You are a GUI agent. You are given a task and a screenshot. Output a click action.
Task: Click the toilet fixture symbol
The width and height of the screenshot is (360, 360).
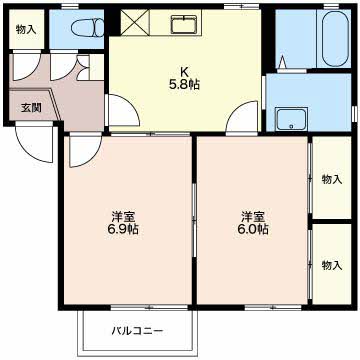88,28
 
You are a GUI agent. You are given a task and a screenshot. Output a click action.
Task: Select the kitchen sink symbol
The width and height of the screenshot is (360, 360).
184,23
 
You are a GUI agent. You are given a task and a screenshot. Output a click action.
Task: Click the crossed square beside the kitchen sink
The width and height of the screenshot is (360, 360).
135,22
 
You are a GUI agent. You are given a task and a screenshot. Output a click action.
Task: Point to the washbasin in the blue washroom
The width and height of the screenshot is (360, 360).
291,119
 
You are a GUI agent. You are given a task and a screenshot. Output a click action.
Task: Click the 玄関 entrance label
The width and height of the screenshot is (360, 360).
31,108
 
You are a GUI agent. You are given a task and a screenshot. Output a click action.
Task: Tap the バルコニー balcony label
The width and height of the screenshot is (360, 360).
137,331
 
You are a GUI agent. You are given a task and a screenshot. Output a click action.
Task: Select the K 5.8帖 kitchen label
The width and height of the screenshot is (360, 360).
184,78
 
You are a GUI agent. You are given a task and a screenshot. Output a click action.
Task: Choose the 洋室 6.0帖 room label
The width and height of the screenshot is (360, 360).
254,223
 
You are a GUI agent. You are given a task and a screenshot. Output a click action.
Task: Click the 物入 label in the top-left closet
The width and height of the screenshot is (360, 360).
26,30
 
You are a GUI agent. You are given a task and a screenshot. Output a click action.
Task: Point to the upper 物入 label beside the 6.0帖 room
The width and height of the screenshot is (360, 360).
332,180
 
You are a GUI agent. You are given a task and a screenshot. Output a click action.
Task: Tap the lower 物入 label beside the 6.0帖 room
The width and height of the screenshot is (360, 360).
332,265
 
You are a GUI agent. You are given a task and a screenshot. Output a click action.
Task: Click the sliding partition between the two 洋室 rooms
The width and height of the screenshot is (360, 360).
194,220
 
